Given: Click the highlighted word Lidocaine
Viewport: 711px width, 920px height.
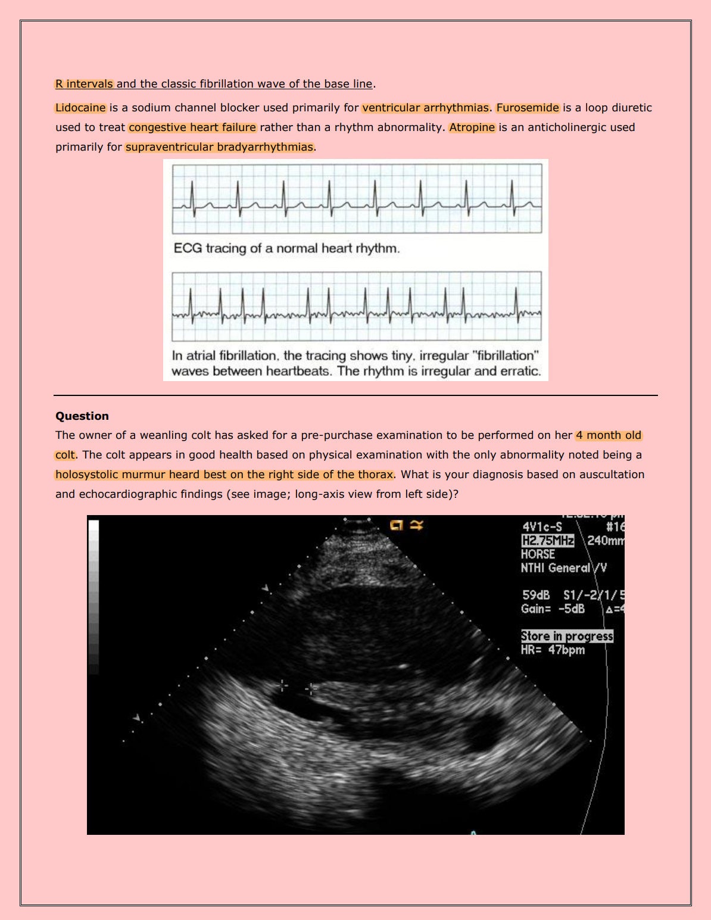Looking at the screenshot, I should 80,108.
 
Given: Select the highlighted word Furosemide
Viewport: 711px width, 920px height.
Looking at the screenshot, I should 528,108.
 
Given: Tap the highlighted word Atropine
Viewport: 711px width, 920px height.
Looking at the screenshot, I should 472,127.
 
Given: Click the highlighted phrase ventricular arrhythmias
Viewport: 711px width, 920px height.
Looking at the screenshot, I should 425,108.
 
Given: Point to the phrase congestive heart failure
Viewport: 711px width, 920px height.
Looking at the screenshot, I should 192,127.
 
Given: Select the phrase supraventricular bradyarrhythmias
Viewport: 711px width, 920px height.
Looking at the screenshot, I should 219,147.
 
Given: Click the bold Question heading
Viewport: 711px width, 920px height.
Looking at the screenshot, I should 82,416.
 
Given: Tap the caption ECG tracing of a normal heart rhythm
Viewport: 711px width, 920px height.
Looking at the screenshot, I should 286,248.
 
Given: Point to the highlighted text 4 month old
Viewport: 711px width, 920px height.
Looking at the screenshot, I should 609,435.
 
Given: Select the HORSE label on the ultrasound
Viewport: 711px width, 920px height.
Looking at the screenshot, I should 538,554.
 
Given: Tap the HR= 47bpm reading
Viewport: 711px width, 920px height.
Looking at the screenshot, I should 553,650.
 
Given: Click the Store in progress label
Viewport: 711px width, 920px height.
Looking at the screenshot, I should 567,636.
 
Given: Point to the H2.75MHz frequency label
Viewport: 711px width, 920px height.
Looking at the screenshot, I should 547,541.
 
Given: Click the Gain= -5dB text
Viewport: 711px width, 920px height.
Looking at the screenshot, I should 553,609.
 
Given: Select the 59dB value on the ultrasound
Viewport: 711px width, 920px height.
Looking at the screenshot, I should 536,595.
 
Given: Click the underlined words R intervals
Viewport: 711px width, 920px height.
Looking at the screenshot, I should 84,84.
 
